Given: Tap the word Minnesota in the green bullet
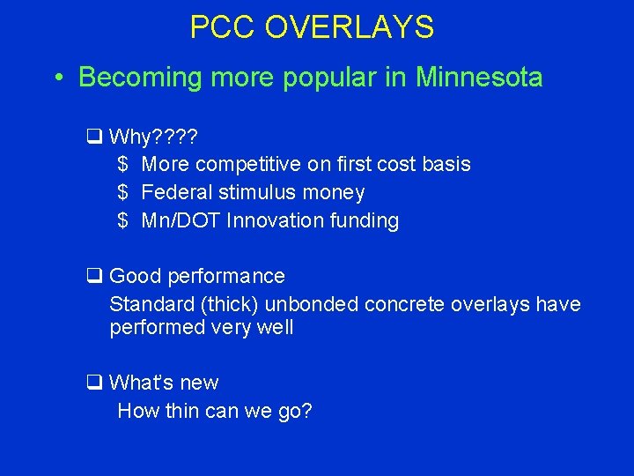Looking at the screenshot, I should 479,78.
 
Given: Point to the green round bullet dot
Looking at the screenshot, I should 57,78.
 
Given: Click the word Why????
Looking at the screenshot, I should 154,137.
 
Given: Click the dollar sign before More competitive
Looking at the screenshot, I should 123,164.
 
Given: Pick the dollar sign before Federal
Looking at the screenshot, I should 123,192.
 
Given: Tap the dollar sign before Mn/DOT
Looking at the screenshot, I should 123,220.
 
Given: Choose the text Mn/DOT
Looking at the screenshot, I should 181,220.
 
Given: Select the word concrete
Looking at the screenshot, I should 402,304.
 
